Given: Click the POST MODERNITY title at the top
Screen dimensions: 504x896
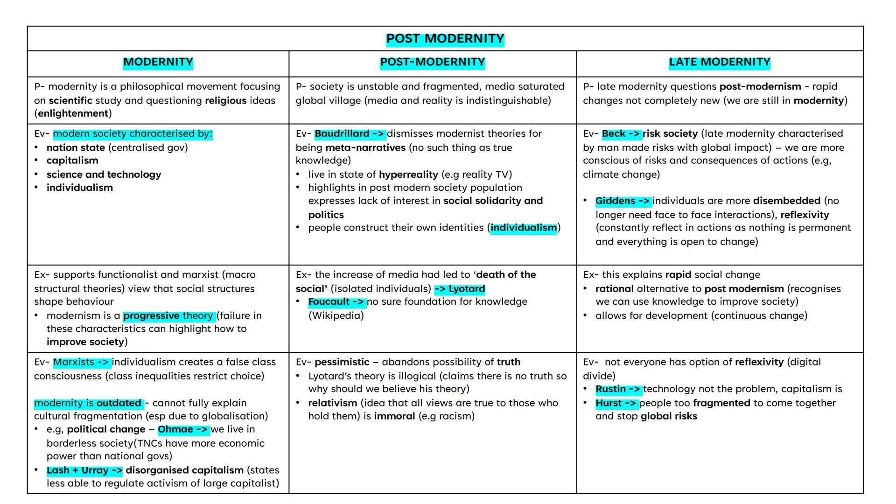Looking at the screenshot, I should pos(445,39).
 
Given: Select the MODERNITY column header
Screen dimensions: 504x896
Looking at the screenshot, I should pos(158,62).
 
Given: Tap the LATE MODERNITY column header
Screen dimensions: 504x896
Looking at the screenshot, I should pos(719,62).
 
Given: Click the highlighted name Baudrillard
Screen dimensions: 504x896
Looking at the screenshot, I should pos(342,134).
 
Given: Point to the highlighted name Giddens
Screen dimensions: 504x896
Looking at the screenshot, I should pos(615,201).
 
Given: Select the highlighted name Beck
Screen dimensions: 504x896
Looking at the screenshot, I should pos(613,134).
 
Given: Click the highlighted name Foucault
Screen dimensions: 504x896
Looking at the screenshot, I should pos(329,302).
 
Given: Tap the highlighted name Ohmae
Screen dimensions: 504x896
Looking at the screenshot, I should pos(175,429).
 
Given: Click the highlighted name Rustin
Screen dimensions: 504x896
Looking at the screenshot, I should pos(610,389).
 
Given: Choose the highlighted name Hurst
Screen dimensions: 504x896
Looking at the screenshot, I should pos(609,403).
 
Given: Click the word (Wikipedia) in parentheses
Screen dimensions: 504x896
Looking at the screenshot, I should pos(336,316).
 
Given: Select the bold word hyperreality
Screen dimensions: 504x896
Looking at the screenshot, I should pos(408,175).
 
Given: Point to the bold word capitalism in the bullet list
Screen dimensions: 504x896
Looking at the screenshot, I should pos(72,161).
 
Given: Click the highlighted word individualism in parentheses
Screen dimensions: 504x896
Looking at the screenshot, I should pos(523,228).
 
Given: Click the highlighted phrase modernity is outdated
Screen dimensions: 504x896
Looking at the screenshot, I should pos(88,403).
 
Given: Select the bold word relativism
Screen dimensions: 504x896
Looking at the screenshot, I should pos(332,403).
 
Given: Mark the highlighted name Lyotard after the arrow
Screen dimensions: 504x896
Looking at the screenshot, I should pos(467,289).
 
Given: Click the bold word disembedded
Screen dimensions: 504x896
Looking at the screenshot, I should pos(786,201).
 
